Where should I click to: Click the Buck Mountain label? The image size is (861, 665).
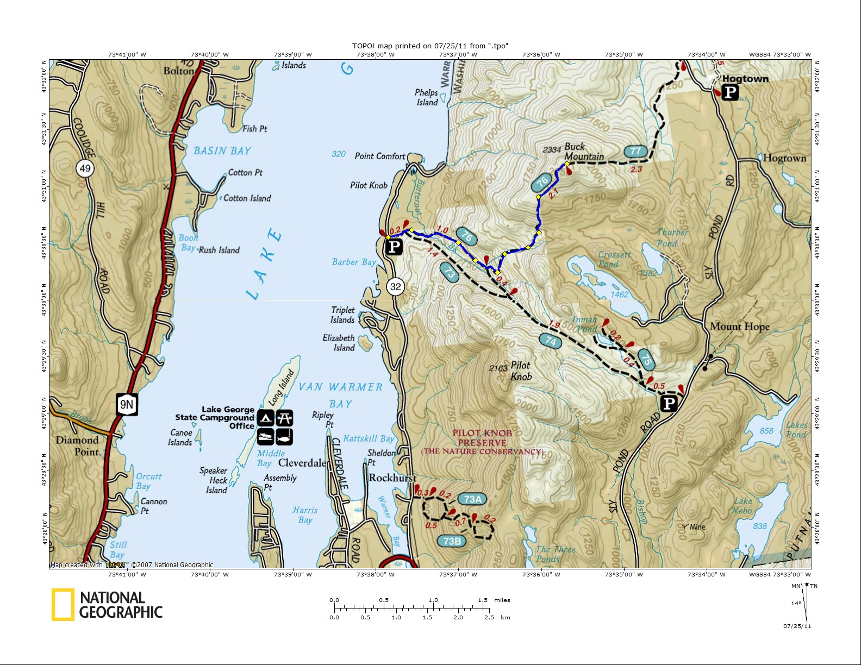(x=583, y=152)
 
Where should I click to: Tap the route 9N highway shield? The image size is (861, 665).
(x=127, y=404)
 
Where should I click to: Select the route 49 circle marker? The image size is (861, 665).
(x=85, y=168)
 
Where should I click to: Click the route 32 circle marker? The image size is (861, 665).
(x=395, y=286)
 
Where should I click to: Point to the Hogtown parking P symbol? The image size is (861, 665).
(x=730, y=93)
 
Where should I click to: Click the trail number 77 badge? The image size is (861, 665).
(x=635, y=151)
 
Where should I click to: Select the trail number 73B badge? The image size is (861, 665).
(x=452, y=541)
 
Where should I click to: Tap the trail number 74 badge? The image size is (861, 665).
(x=551, y=341)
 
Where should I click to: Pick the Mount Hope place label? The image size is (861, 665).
(x=739, y=327)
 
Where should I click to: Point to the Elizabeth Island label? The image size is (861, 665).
(x=339, y=343)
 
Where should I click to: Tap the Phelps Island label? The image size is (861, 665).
(x=427, y=97)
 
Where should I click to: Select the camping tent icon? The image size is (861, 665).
(x=265, y=418)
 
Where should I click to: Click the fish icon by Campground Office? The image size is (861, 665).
(x=285, y=436)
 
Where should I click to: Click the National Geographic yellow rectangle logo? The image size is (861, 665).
(x=63, y=605)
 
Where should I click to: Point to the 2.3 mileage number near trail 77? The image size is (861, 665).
(x=636, y=170)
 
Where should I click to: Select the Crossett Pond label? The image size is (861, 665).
(x=614, y=259)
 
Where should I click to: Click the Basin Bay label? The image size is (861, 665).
(x=222, y=151)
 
